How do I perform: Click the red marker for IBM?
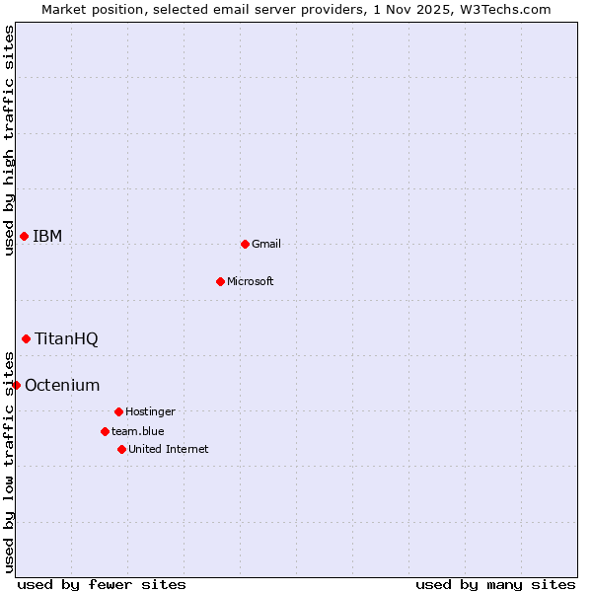coord(24,236)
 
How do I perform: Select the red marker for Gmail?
coord(245,244)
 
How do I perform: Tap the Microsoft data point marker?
coord(220,281)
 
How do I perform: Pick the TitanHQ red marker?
coord(26,338)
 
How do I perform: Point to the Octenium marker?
coord(16,385)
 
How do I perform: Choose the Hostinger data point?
coord(118,411)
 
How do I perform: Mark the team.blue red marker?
coord(105,431)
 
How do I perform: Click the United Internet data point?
coord(121,449)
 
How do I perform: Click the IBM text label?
coord(47,236)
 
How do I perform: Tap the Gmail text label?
coord(266,244)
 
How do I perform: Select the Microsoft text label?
coord(251,281)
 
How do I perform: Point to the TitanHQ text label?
coord(66,338)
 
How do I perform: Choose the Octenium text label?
coord(62,385)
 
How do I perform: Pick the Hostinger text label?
coord(150,411)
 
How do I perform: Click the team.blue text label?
coord(138,431)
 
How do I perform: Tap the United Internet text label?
coord(169,449)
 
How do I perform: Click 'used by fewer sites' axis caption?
coord(102,584)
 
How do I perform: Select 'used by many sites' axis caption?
coord(495,584)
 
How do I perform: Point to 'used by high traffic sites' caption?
coord(9,140)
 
